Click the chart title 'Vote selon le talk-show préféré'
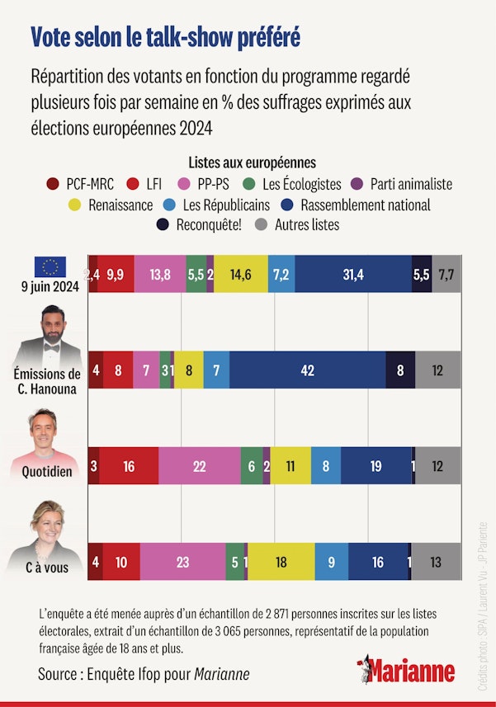pyautogui.click(x=165, y=37)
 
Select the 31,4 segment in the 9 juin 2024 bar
pyautogui.click(x=353, y=275)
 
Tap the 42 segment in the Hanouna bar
pyautogui.click(x=308, y=370)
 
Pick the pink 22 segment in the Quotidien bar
pyautogui.click(x=199, y=466)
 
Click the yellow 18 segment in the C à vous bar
pyautogui.click(x=281, y=562)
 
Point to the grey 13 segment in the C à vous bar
pyautogui.click(x=436, y=562)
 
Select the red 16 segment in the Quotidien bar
pyautogui.click(x=129, y=466)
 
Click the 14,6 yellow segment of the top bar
pyautogui.click(x=241, y=275)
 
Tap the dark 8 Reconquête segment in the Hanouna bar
pyautogui.click(x=400, y=370)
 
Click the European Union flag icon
pyautogui.click(x=50, y=266)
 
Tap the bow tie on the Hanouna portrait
pyautogui.click(x=51, y=348)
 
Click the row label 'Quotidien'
pyautogui.click(x=48, y=473)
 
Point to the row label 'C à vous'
pyautogui.click(x=48, y=568)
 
